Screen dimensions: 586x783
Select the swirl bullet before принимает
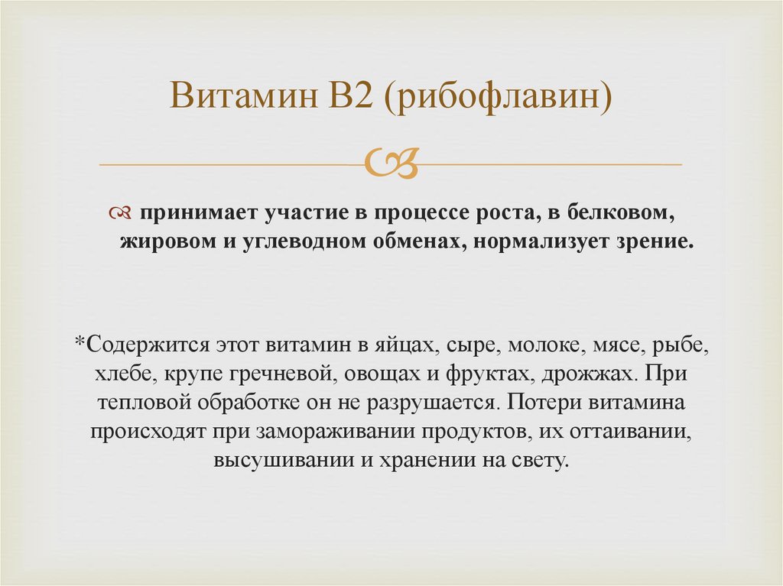tap(122, 211)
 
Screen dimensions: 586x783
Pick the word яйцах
tap(406, 344)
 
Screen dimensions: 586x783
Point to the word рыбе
tap(682, 344)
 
